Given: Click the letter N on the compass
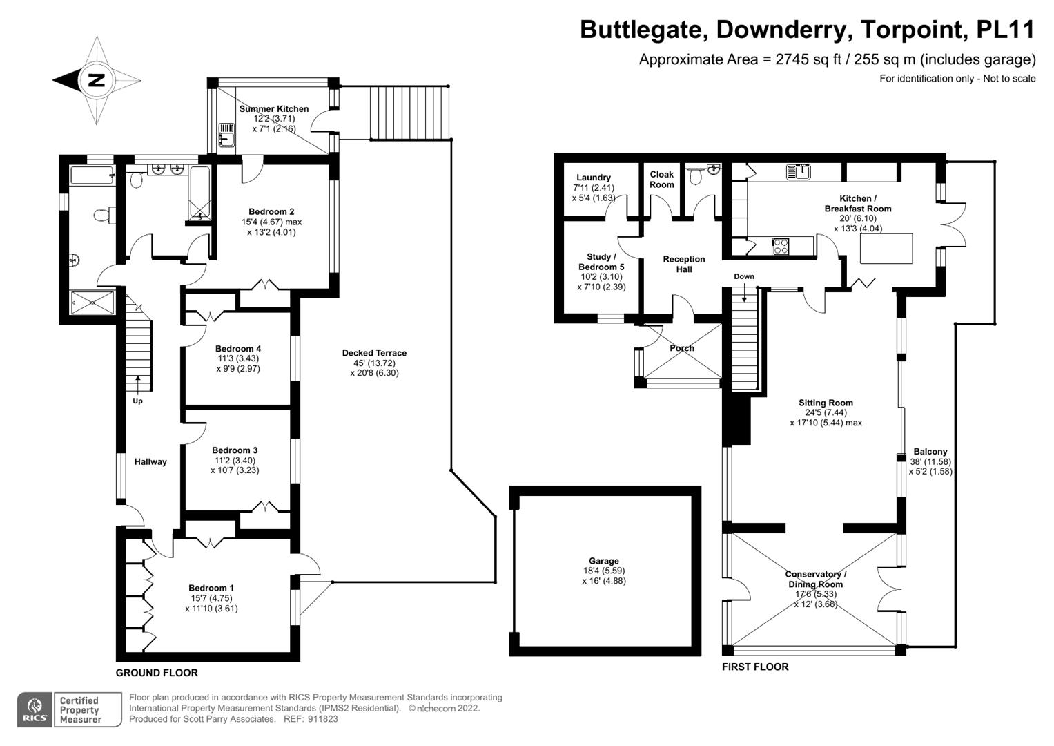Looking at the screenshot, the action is tap(97, 80).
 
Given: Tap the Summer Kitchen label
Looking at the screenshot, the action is tap(274, 109).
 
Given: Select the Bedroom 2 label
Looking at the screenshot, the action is tap(272, 211).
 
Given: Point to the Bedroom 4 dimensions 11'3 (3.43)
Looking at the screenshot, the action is tap(237, 358).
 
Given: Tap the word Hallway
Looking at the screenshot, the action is tap(150, 462).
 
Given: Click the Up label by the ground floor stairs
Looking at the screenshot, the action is tap(138, 401).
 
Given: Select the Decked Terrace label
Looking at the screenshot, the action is tap(374, 353).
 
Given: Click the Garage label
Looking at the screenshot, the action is tap(604, 561).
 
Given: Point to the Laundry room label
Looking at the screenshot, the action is tap(594, 178).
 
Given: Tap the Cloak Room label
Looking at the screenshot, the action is tap(661, 180).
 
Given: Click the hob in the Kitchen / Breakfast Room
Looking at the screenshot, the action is tap(781, 246).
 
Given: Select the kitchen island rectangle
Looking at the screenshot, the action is tap(886, 248).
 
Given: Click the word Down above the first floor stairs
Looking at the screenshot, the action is tap(744, 276).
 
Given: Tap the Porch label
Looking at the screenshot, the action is tap(682, 348).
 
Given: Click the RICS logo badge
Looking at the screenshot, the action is tap(34, 709).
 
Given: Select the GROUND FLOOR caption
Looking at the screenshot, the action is tap(157, 673).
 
